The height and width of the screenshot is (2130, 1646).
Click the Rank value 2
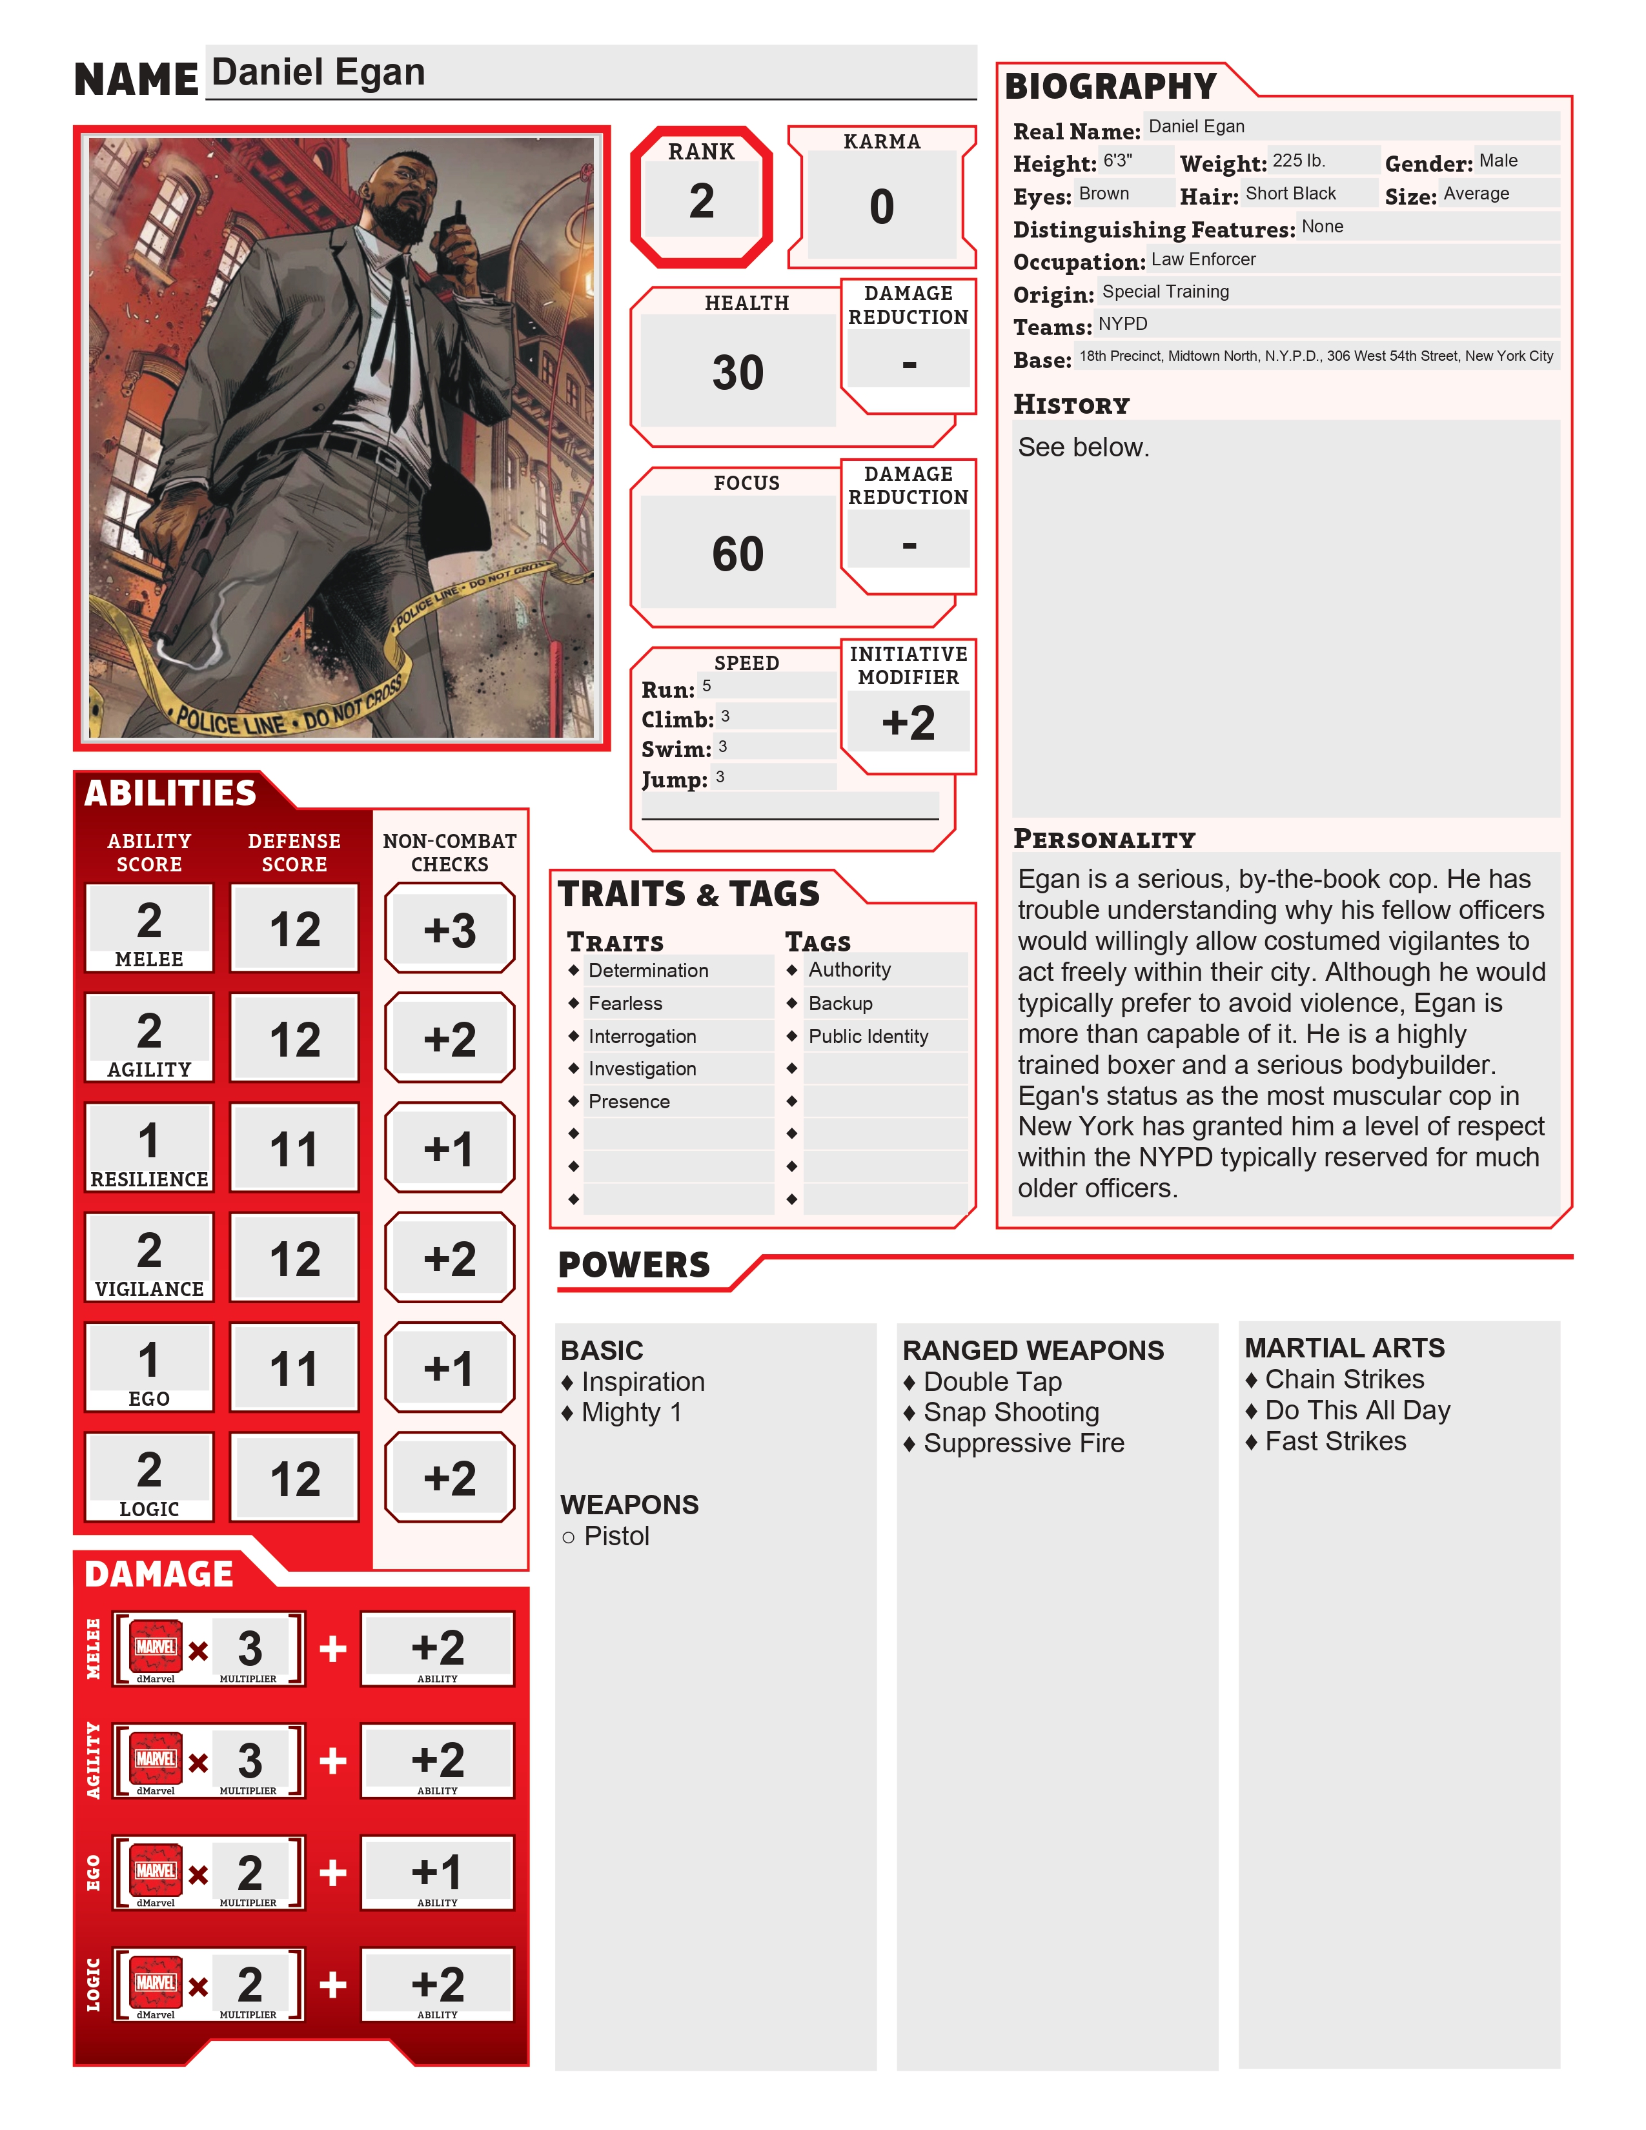point(701,201)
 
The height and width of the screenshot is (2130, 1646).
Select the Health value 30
point(737,372)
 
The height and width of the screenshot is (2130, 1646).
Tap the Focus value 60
point(737,554)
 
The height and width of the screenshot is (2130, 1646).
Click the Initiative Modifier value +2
point(908,723)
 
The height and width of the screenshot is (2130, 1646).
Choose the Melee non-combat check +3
point(449,929)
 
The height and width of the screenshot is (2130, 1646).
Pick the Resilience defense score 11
point(294,1149)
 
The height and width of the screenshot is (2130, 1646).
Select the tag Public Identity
point(868,1036)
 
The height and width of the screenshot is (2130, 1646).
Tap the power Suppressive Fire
point(1023,1443)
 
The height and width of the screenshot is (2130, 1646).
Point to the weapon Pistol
point(616,1536)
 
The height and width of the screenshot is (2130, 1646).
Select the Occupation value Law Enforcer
point(1203,259)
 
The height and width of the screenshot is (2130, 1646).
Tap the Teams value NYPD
point(1123,324)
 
